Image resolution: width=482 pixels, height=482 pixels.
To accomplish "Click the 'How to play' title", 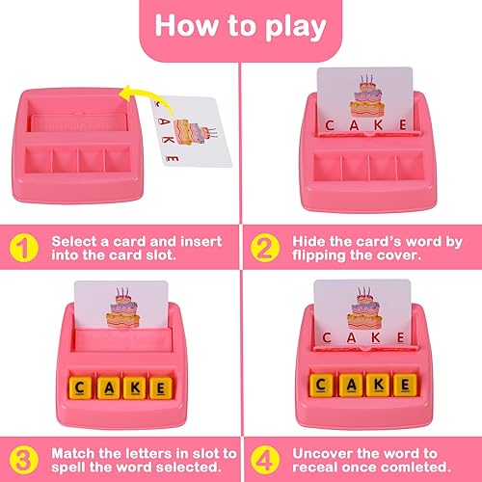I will pyautogui.click(x=241, y=27).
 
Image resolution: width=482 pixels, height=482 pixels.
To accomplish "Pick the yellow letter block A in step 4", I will pyautogui.click(x=344, y=386).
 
